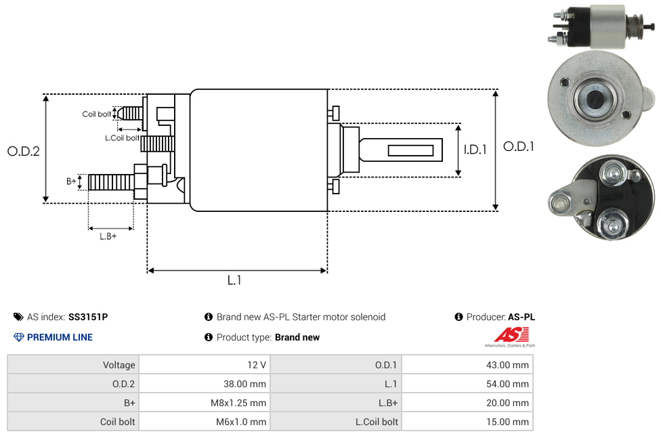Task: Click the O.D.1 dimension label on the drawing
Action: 518,146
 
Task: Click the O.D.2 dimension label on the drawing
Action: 24,151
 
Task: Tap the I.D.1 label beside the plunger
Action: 475,150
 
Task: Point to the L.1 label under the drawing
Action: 234,280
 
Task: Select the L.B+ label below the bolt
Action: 108,236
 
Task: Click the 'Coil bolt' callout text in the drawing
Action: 97,114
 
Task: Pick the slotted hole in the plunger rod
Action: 411,149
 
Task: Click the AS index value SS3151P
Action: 88,317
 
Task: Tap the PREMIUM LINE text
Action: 60,337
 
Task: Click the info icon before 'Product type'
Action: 209,337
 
